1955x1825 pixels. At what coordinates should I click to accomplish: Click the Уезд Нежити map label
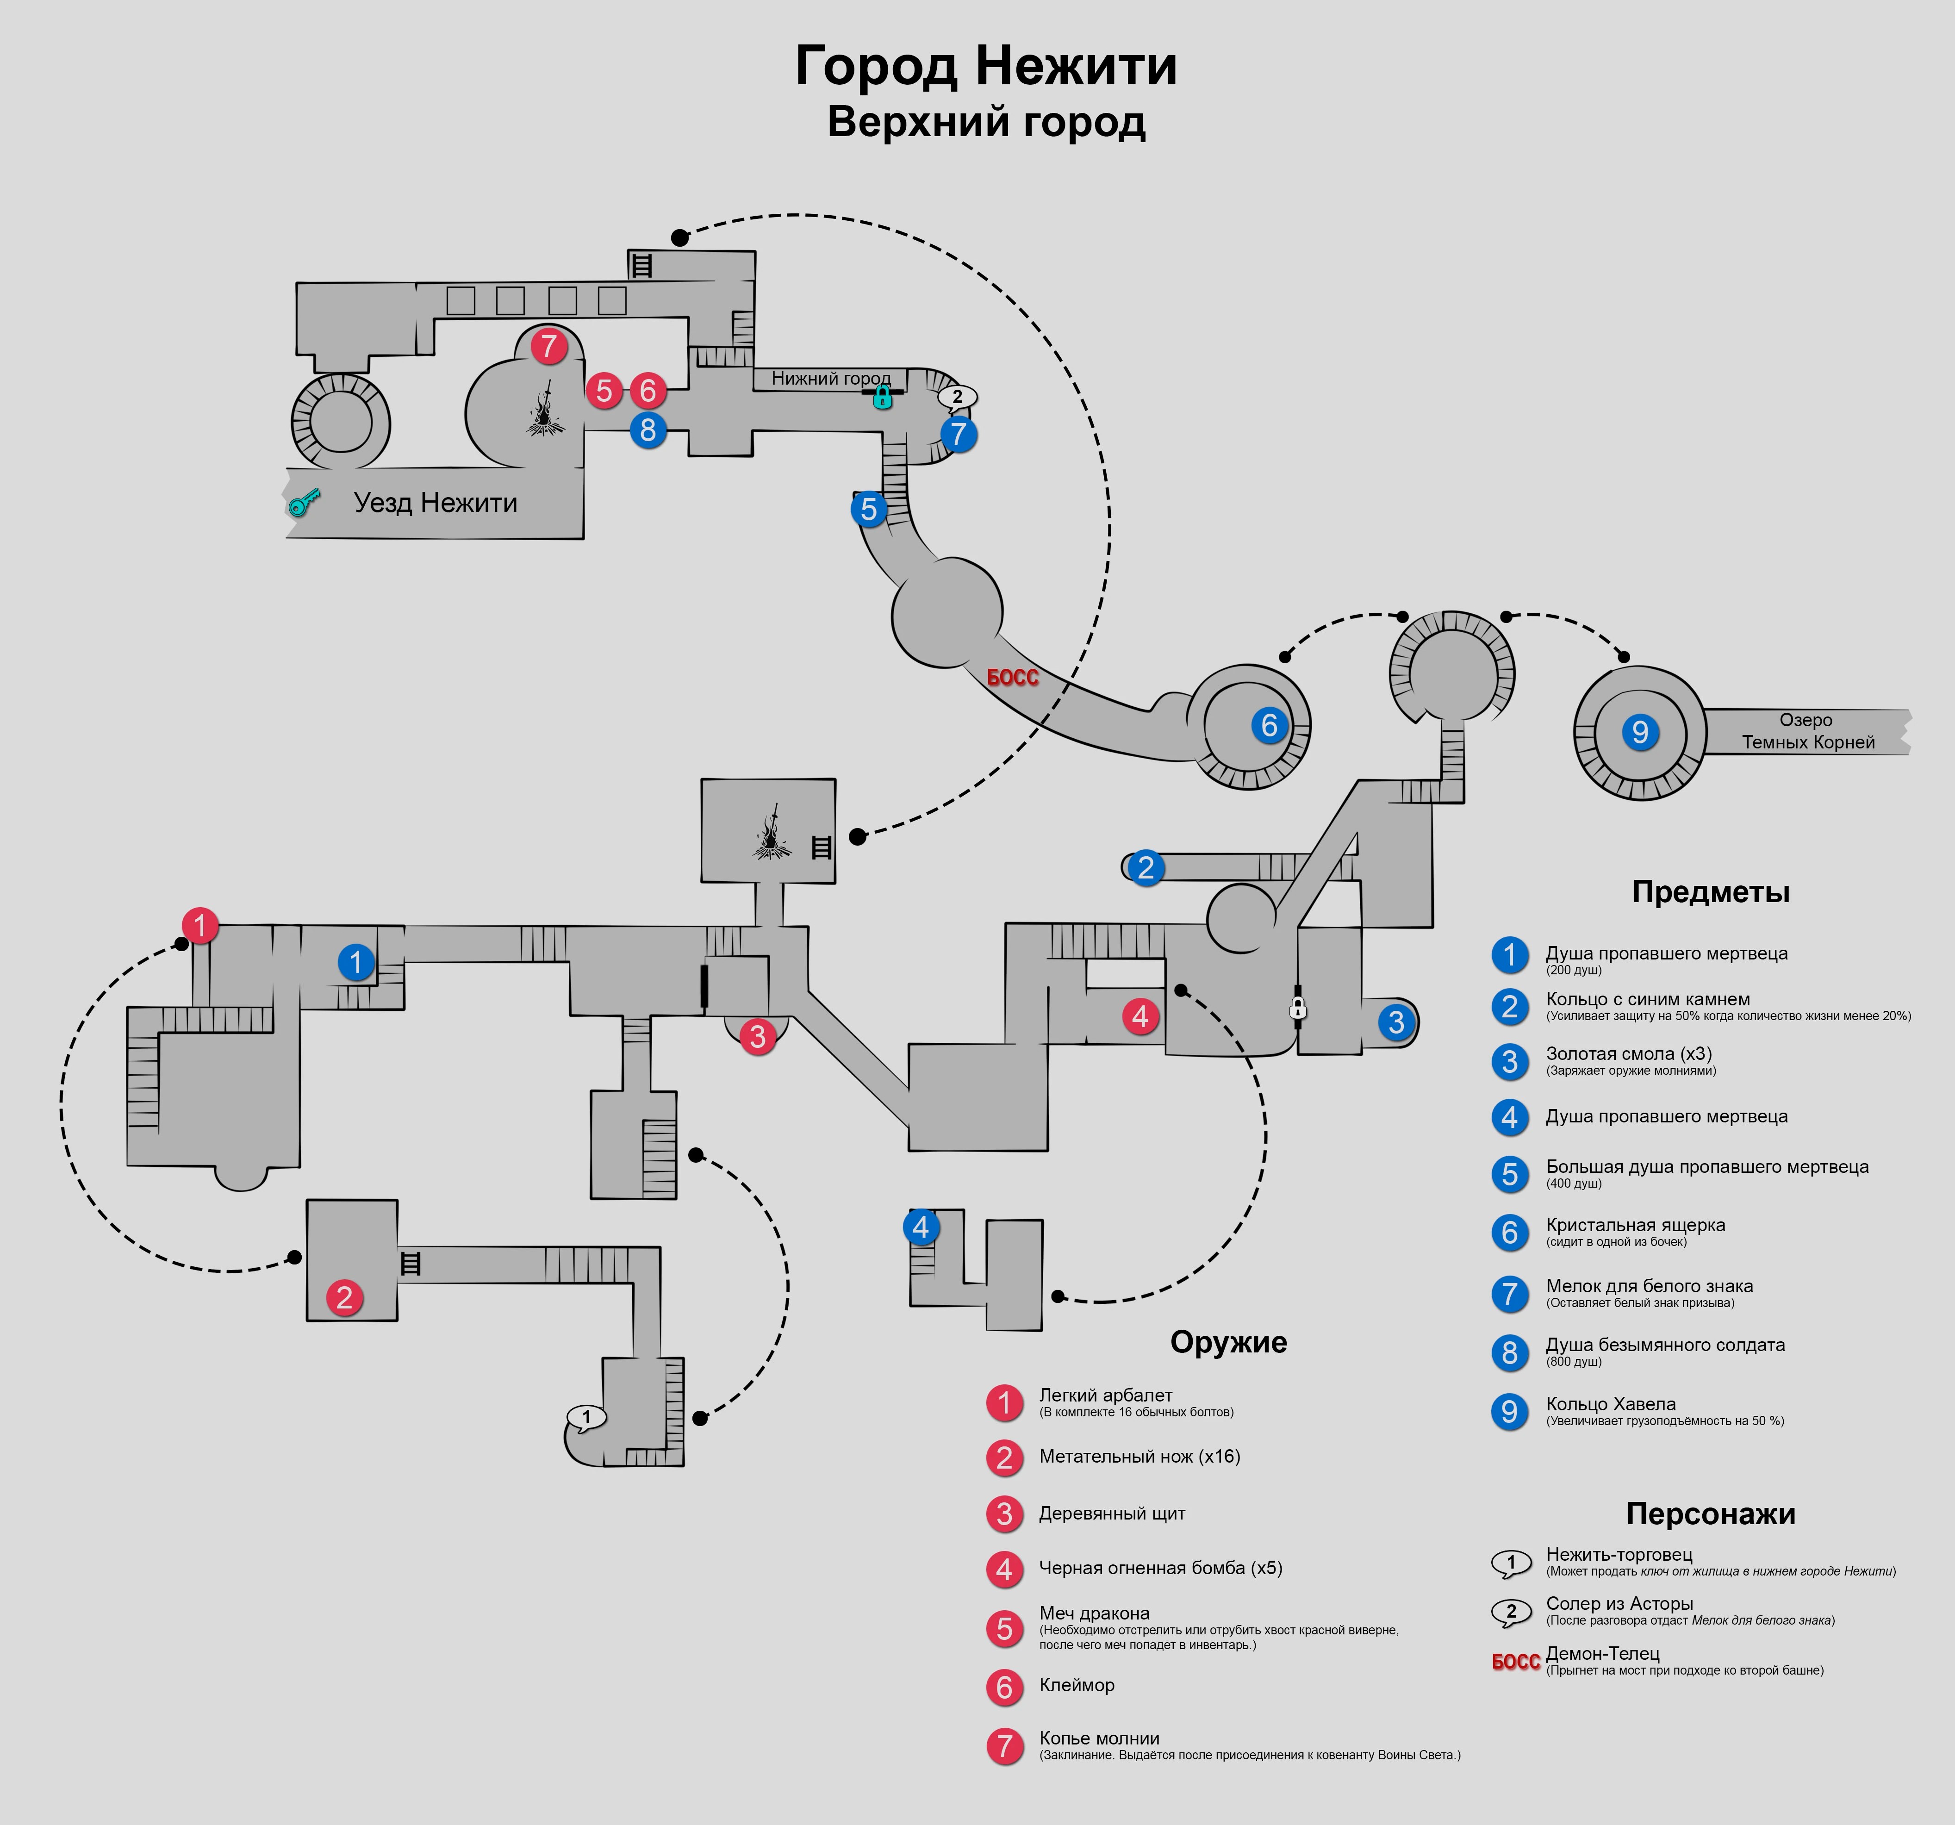pos(436,503)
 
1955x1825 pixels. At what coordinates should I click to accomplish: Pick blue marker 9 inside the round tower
pos(1639,732)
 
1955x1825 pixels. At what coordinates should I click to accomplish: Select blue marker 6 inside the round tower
pos(1269,726)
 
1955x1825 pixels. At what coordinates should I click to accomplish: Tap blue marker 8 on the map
pos(647,430)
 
